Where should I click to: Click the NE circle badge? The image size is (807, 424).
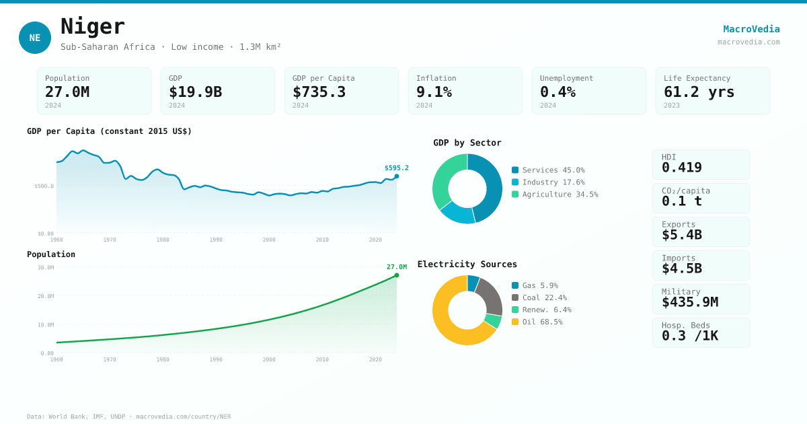pyautogui.click(x=35, y=38)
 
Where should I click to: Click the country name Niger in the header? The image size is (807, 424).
pyautogui.click(x=93, y=27)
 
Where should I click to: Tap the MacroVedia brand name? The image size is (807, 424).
pyautogui.click(x=751, y=29)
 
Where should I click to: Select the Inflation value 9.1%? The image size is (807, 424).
pyautogui.click(x=434, y=92)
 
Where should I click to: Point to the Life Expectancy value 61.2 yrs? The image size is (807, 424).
pyautogui.click(x=699, y=92)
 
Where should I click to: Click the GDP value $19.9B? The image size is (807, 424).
pyautogui.click(x=195, y=92)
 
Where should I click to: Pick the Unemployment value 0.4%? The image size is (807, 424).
pyautogui.click(x=558, y=92)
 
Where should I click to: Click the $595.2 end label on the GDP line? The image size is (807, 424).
pyautogui.click(x=396, y=168)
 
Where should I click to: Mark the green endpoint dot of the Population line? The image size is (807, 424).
pyautogui.click(x=397, y=275)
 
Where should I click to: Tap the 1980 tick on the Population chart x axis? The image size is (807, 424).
pyautogui.click(x=163, y=359)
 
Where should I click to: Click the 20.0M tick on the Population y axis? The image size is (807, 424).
pyautogui.click(x=46, y=296)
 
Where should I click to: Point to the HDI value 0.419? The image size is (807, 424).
pyautogui.click(x=681, y=168)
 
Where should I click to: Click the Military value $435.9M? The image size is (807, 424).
pyautogui.click(x=689, y=302)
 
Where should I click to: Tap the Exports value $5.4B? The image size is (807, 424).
pyautogui.click(x=681, y=235)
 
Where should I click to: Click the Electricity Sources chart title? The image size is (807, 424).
pyautogui.click(x=467, y=264)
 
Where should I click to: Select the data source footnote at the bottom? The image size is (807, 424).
pyautogui.click(x=128, y=417)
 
